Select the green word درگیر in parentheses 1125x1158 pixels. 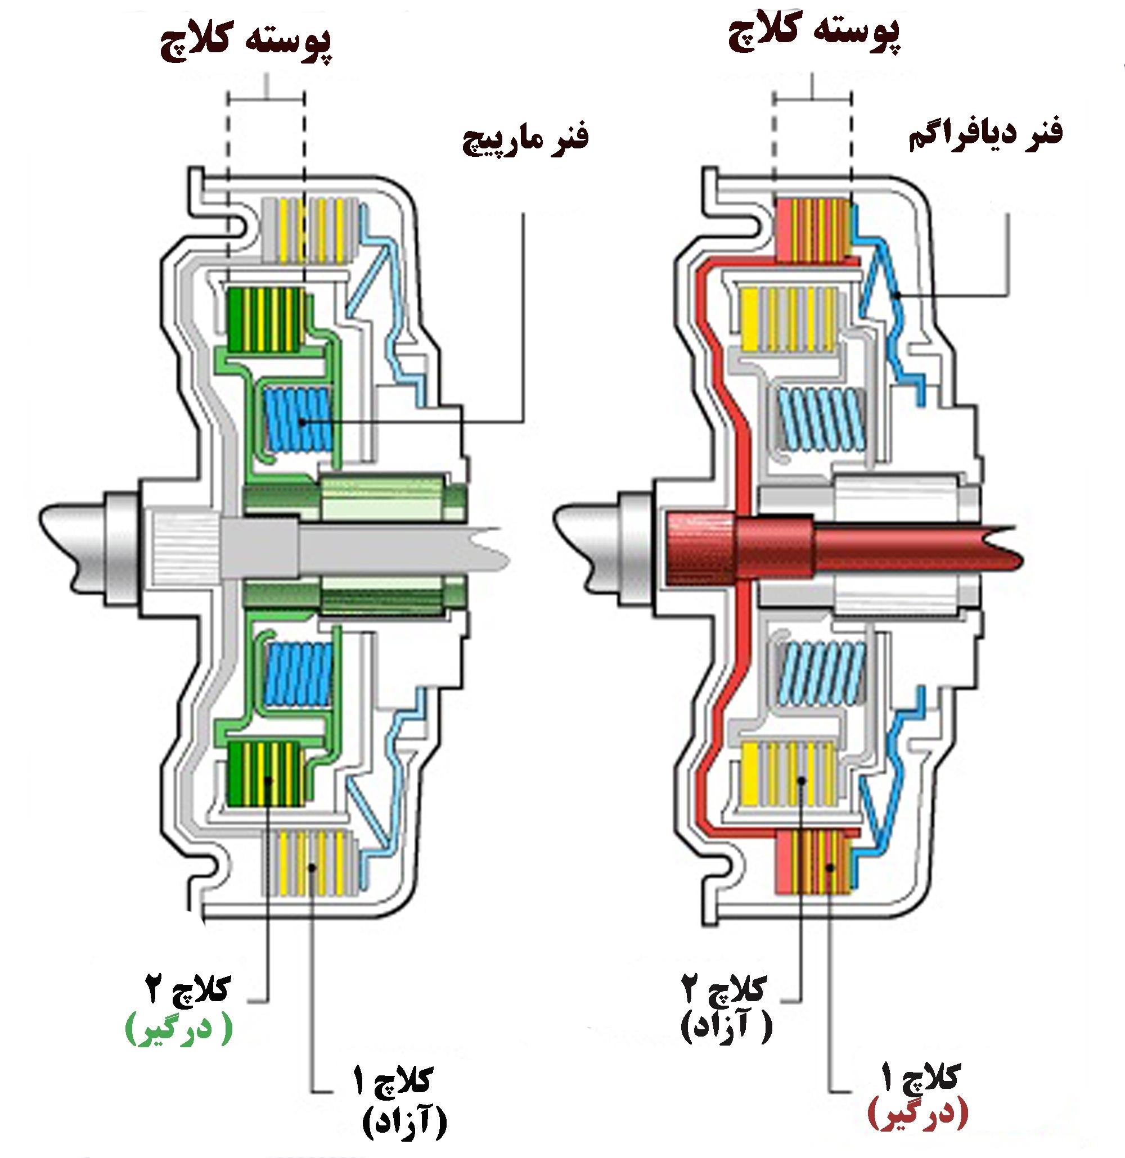(x=178, y=1032)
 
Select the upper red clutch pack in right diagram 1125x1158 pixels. (x=813, y=230)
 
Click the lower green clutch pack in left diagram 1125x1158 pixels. (x=266, y=773)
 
